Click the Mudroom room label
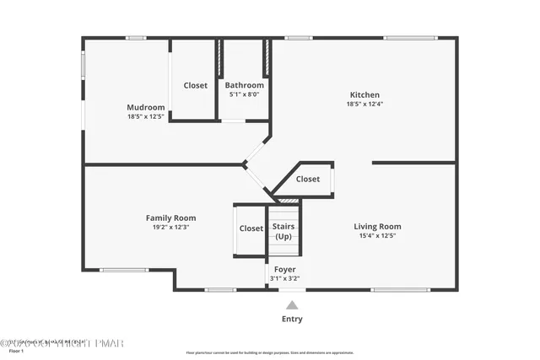point(145,107)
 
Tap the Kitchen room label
point(365,94)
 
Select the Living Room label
point(377,226)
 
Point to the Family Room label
point(170,218)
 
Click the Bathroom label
point(245,85)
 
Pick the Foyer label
point(284,269)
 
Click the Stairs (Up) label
point(283,231)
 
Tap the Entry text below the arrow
point(292,320)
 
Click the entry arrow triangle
point(292,305)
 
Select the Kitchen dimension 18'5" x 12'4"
point(365,104)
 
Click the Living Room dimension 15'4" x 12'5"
point(377,235)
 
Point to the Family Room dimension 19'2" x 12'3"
point(170,227)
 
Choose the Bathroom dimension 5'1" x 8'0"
point(245,94)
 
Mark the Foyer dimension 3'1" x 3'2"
point(284,278)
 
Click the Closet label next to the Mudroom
point(196,85)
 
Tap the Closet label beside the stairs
point(251,228)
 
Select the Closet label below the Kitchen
point(308,179)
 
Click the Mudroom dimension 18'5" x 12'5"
point(145,116)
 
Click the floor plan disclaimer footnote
point(270,352)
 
